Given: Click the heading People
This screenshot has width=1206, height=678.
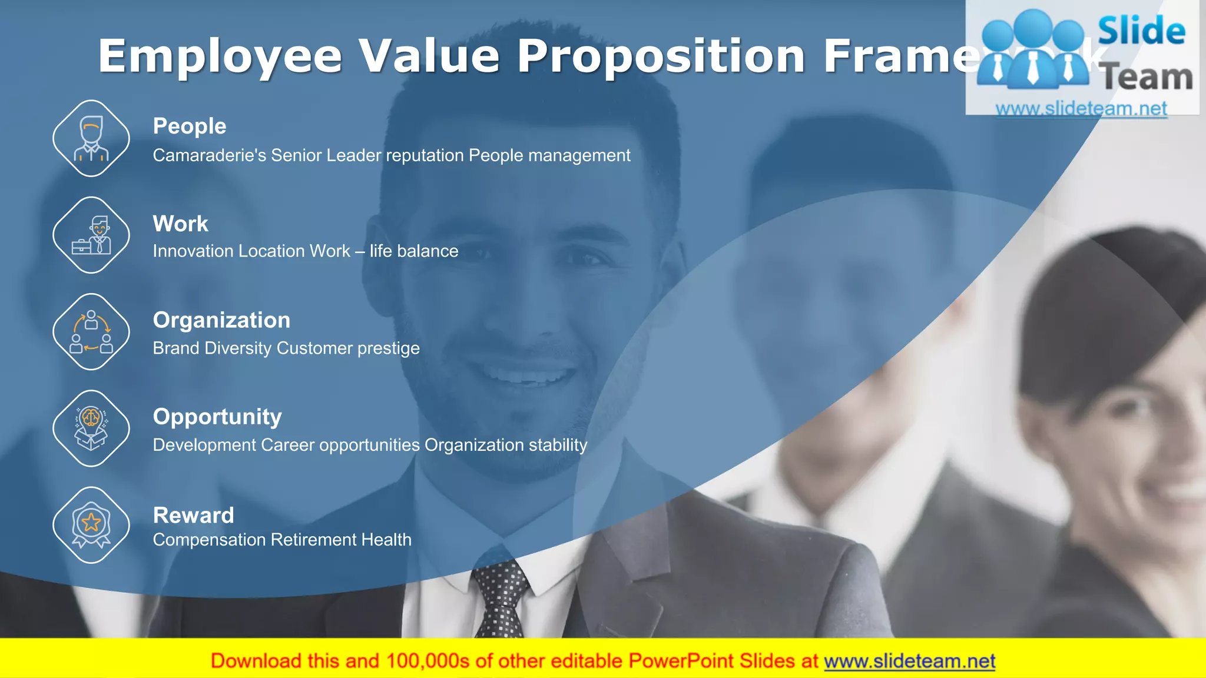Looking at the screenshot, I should click(x=190, y=126).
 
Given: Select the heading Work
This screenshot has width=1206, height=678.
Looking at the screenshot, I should click(x=180, y=224).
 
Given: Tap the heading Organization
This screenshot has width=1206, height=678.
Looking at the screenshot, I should click(x=221, y=320).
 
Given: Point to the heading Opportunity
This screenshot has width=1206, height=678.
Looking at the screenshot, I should click(x=217, y=417).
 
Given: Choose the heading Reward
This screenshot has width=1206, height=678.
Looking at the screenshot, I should click(x=193, y=515).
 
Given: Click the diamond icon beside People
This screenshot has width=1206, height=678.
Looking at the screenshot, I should click(x=91, y=139).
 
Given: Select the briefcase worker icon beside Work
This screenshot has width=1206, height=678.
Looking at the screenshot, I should click(x=91, y=235).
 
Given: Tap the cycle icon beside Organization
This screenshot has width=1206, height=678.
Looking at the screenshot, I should click(x=91, y=332).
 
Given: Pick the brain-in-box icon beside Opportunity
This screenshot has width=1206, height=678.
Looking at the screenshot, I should click(x=91, y=428).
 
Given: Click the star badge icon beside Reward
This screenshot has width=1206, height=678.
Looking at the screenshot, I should click(x=91, y=525).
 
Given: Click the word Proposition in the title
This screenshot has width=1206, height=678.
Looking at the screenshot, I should click(x=661, y=56).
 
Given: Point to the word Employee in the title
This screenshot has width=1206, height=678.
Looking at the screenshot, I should click(x=220, y=56).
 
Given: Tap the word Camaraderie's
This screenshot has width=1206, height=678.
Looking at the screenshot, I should click(x=209, y=155).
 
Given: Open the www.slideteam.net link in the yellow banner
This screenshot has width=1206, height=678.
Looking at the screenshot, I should click(x=909, y=661).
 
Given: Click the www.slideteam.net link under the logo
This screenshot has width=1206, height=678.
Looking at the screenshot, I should click(x=1081, y=108).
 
